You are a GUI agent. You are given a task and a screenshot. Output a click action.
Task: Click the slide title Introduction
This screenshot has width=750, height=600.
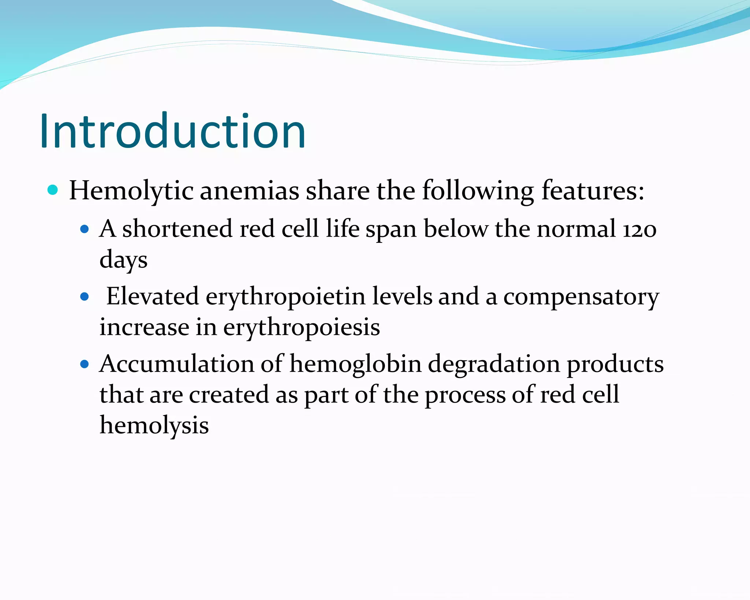click(172, 131)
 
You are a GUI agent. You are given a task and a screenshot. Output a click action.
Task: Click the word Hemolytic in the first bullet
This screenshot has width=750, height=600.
click(131, 191)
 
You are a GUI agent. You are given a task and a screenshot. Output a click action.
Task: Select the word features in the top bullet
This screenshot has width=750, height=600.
click(592, 191)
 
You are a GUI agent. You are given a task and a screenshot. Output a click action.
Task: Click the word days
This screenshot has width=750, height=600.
click(123, 260)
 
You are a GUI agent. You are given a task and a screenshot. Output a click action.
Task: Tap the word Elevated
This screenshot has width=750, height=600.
click(152, 296)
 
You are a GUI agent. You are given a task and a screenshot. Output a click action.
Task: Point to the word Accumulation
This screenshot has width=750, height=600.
click(177, 364)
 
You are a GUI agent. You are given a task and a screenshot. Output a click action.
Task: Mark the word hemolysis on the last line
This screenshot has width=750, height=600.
click(154, 426)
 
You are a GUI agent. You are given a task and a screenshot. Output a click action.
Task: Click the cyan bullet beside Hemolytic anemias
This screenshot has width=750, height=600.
click(53, 190)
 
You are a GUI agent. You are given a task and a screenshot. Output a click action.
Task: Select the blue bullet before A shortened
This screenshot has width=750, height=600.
click(85, 229)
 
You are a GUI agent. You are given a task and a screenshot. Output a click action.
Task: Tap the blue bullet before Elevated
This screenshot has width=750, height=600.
click(85, 296)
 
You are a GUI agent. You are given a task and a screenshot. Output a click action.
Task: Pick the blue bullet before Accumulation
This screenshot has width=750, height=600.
click(85, 364)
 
